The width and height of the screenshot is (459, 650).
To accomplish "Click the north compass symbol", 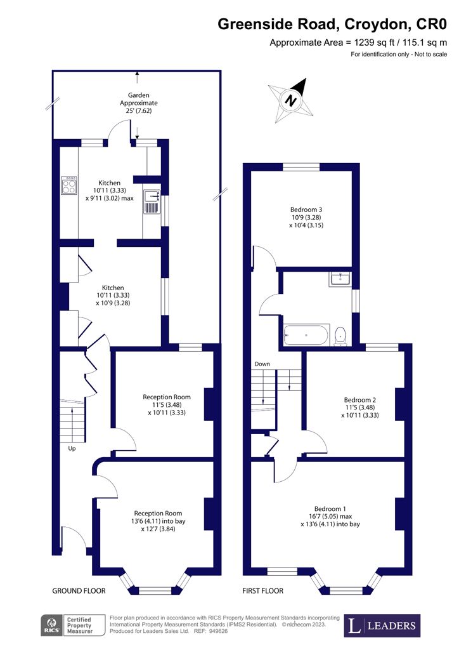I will [291, 100].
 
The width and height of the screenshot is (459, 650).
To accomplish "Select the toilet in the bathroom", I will [341, 335].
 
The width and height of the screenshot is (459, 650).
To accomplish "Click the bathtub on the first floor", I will [307, 335].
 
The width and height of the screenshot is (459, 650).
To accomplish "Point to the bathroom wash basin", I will [340, 279].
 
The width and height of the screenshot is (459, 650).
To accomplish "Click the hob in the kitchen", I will [68, 185].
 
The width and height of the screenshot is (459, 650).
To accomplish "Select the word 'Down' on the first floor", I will [262, 364].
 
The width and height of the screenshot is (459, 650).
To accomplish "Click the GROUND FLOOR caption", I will [79, 591].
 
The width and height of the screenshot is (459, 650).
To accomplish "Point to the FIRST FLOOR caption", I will [263, 591].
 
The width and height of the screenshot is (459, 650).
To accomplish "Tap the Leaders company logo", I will [382, 626].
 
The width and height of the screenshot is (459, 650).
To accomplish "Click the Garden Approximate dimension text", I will [139, 103].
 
